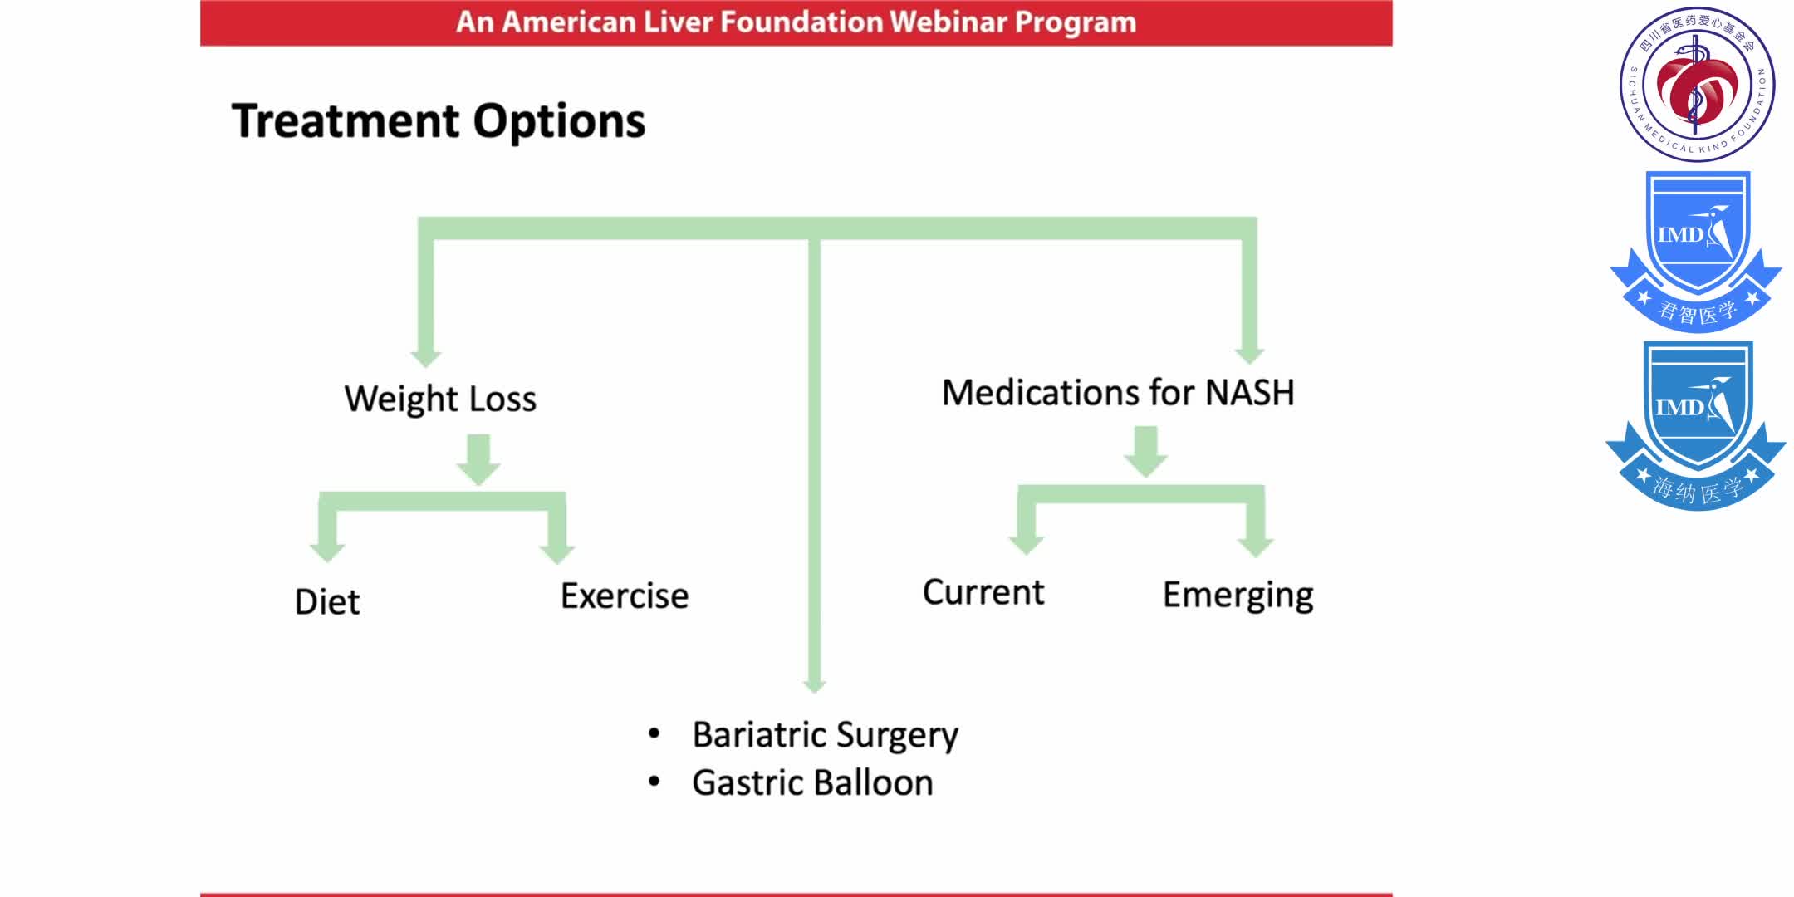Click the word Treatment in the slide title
(345, 122)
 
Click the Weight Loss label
(440, 399)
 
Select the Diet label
(327, 602)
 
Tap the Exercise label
(625, 596)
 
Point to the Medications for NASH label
(1118, 393)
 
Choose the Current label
(983, 593)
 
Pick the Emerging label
(1238, 596)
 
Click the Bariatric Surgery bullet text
(825, 735)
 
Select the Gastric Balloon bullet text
(812, 783)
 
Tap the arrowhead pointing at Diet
(327, 550)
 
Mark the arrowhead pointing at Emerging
(1255, 545)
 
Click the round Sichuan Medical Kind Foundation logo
(1697, 84)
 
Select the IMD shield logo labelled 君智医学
(1696, 252)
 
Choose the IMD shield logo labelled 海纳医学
(1696, 424)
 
